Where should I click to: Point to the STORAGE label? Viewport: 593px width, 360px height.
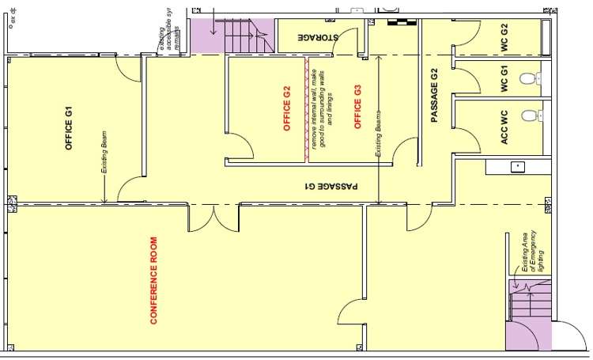[x=319, y=37]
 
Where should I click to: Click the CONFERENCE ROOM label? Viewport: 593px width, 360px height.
[x=155, y=281]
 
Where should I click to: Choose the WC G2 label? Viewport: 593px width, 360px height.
[x=504, y=37]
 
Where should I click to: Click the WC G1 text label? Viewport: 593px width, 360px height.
[x=504, y=81]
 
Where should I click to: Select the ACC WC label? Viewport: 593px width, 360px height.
[x=504, y=123]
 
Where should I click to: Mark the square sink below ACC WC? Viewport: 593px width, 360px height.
[x=517, y=167]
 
